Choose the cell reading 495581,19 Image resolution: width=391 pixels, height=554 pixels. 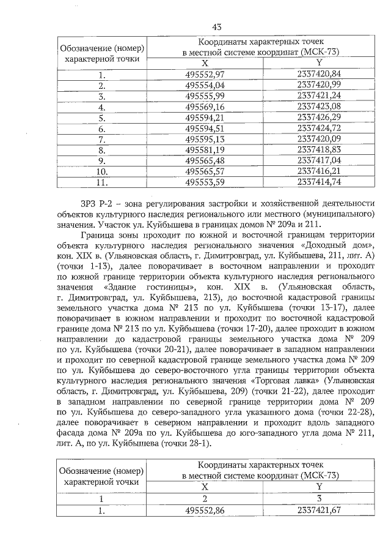[205, 149]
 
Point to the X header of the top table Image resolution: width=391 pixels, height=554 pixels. [205, 63]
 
